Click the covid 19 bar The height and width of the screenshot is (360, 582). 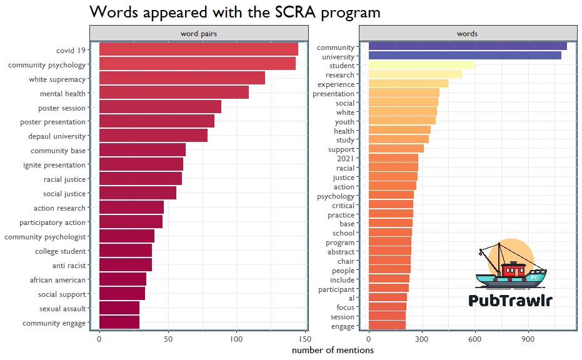(198, 49)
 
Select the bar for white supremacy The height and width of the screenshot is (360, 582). (181, 78)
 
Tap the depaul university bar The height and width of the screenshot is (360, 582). (153, 136)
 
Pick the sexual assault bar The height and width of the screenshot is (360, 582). (119, 309)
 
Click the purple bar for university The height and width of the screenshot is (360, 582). (464, 56)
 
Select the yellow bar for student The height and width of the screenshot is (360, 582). (421, 65)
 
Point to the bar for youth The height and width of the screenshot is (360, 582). (401, 121)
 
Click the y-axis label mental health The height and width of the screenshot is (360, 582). (63, 94)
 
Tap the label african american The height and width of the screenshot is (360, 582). (60, 280)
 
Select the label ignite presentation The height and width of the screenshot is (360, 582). (54, 165)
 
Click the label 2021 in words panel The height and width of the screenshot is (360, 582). (345, 159)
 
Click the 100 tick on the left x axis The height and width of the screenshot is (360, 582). (236, 339)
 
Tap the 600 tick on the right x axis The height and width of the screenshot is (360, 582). (475, 339)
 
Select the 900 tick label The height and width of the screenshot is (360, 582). (528, 339)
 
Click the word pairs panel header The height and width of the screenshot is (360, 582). (198, 34)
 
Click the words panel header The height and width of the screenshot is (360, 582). (467, 34)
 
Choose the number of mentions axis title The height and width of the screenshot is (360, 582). (333, 351)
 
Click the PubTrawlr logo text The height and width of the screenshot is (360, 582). (510, 301)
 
